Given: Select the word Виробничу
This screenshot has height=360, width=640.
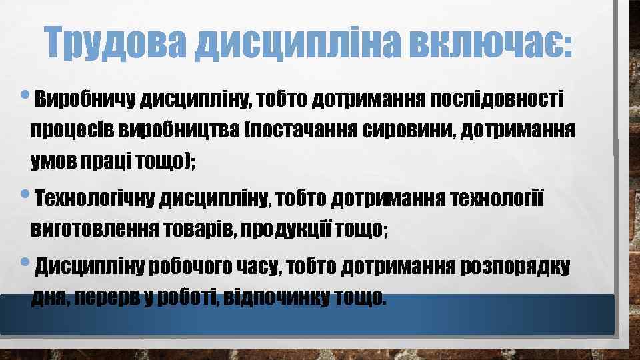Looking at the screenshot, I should pyautogui.click(x=84, y=99).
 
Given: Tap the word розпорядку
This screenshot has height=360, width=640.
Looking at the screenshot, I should pyautogui.click(x=514, y=267).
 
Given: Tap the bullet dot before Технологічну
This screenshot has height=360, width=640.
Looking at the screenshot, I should pyautogui.click(x=25, y=195).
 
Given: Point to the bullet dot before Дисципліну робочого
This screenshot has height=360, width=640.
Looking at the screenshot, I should pyautogui.click(x=25, y=265).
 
